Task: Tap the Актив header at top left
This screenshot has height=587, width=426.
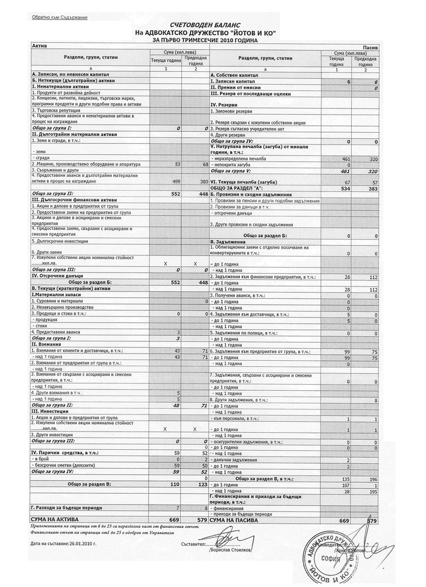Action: [39, 46]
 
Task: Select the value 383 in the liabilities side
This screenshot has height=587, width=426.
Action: [373, 188]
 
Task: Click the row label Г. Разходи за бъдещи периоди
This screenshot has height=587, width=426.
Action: [66, 507]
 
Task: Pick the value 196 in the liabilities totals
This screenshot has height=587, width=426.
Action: [372, 479]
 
